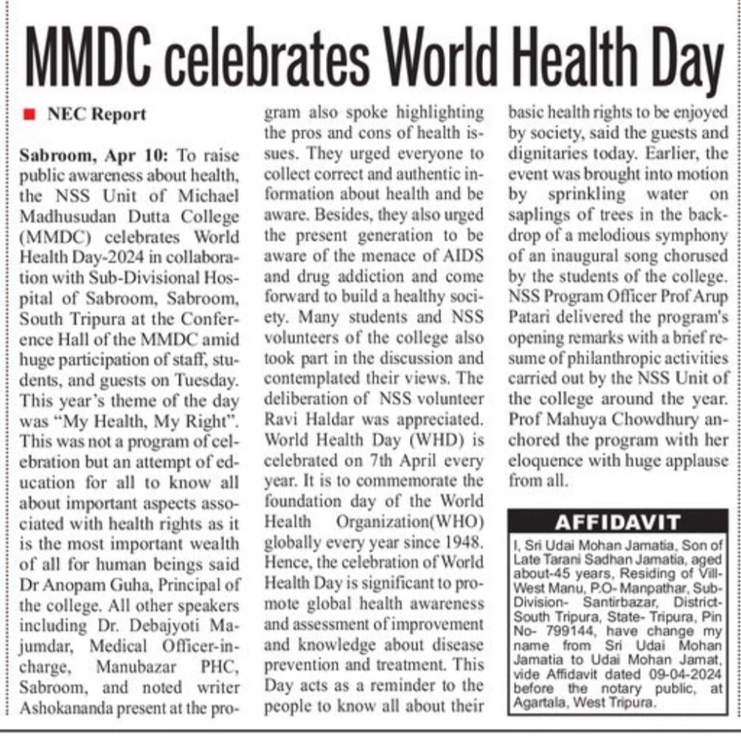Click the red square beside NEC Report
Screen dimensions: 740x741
(29, 115)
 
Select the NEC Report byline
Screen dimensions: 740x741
(97, 115)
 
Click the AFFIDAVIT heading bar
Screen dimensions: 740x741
(617, 523)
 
